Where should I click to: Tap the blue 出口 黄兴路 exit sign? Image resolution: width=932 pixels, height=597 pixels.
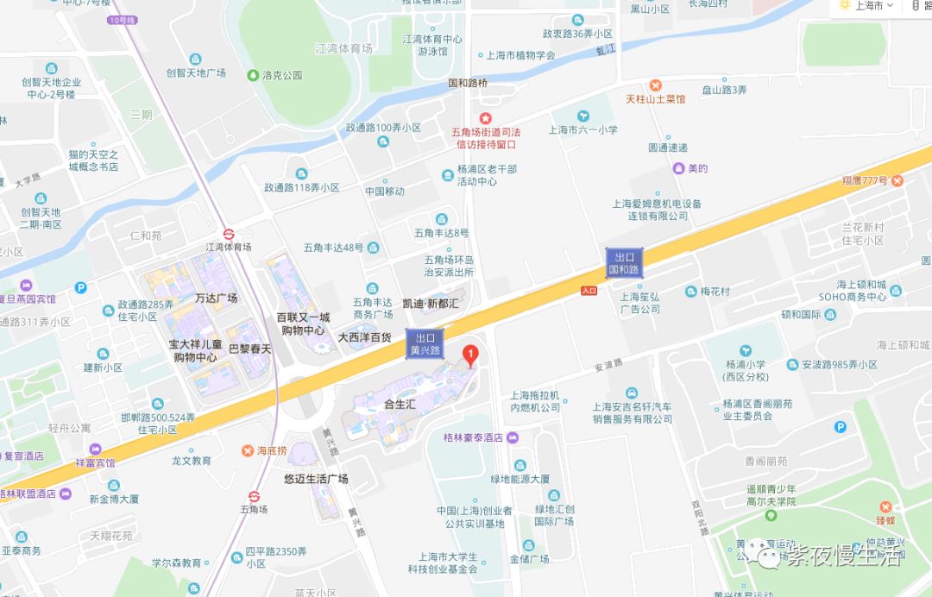[x=424, y=344]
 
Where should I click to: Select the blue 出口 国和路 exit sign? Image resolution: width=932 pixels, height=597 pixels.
[x=623, y=263]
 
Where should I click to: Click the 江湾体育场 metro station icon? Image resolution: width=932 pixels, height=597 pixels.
[x=230, y=233]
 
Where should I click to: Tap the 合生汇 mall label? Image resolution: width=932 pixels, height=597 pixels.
[x=400, y=403]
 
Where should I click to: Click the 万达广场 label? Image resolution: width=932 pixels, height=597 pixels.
[x=216, y=298]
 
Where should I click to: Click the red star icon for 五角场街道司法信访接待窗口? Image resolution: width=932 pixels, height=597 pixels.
[x=486, y=118]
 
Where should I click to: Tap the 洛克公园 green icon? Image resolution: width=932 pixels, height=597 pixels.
[x=254, y=75]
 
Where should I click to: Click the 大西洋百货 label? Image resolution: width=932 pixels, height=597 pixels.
[x=365, y=337]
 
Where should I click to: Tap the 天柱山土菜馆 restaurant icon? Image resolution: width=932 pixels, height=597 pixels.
[x=656, y=85]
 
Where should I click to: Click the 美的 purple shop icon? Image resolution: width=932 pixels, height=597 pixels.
[x=679, y=168]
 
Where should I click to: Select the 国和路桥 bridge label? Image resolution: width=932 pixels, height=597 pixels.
[x=468, y=84]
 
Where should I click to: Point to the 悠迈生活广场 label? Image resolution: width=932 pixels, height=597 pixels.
[x=316, y=478]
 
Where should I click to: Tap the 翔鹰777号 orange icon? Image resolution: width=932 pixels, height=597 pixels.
[x=897, y=180]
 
